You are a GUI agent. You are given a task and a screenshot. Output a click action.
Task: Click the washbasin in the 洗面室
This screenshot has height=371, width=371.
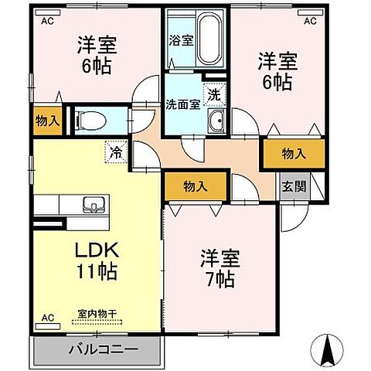click(x=217, y=119)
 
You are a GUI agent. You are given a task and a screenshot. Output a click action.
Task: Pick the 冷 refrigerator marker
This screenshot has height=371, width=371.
click(x=115, y=151)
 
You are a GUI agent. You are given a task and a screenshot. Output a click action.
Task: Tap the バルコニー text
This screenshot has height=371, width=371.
click(x=97, y=349)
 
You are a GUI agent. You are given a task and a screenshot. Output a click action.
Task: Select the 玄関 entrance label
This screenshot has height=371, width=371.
click(x=291, y=186)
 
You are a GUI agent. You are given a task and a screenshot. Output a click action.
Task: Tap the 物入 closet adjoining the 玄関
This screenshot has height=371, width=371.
click(x=293, y=154)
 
